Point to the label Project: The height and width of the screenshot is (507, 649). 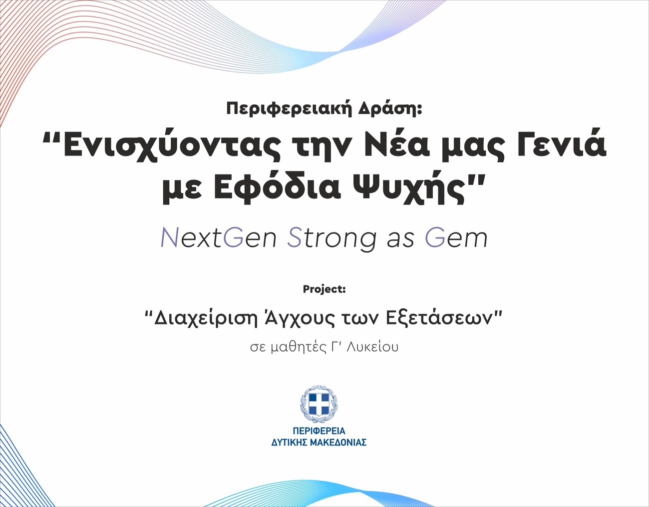click(x=324, y=289)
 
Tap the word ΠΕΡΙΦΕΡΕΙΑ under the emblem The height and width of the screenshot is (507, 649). click(x=319, y=431)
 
